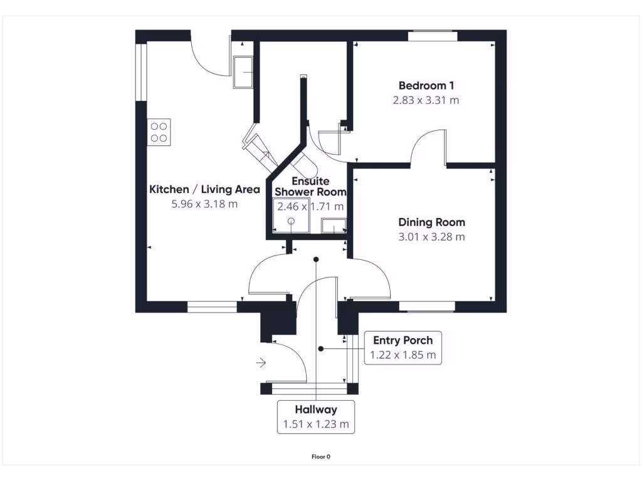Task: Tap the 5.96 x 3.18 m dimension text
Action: point(204,204)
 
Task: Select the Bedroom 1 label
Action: point(426,85)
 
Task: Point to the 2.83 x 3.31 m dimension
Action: point(426,100)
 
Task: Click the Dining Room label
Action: point(432,222)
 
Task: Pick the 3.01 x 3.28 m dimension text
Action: point(432,237)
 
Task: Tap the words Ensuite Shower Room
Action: point(302,187)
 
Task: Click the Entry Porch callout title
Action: point(403,341)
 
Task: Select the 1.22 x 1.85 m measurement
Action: point(403,355)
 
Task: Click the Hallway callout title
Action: point(316,410)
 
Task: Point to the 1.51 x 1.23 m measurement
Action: point(316,424)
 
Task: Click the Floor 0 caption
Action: point(321,457)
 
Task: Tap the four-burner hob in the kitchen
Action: point(159,132)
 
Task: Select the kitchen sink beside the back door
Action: point(242,72)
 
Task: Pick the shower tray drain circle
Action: point(292,220)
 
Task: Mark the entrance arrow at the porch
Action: point(261,362)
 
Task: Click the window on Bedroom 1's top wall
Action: point(433,36)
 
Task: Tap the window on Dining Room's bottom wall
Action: point(426,307)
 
